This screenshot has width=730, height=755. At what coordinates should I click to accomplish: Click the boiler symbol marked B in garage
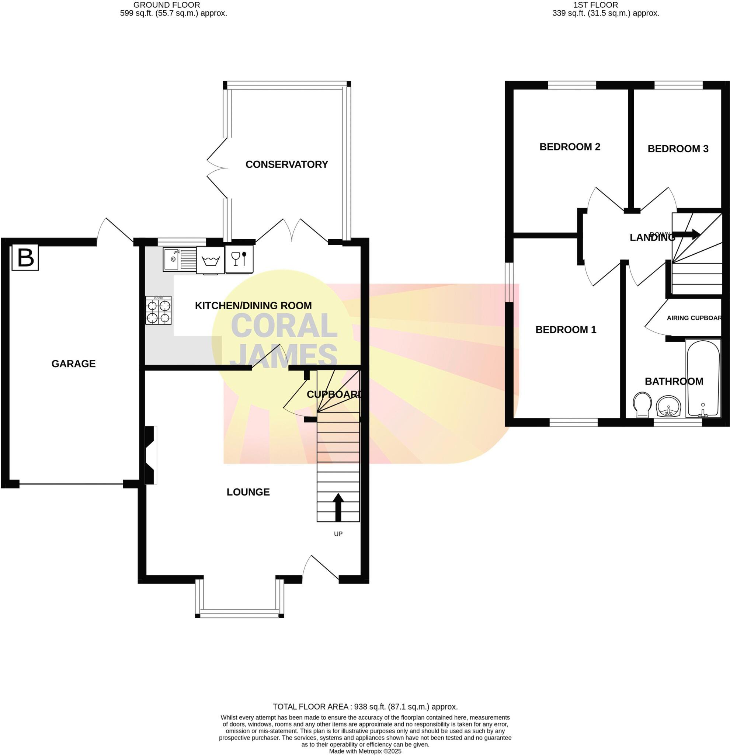point(25,257)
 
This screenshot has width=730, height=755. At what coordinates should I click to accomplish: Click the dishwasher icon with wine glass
point(239,259)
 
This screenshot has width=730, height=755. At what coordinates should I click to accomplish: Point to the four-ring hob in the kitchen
point(158,310)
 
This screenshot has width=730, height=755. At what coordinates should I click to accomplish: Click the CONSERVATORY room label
point(286,164)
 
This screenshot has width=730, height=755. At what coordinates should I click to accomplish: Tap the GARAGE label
point(74,363)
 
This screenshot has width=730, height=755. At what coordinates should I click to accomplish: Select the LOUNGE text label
point(248,492)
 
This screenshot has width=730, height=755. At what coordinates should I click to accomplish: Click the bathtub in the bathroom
point(703,378)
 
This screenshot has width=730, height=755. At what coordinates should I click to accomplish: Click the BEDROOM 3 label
point(678,149)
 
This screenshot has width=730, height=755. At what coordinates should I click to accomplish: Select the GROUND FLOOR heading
point(166,5)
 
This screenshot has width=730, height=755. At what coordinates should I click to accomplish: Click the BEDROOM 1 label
point(566,330)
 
